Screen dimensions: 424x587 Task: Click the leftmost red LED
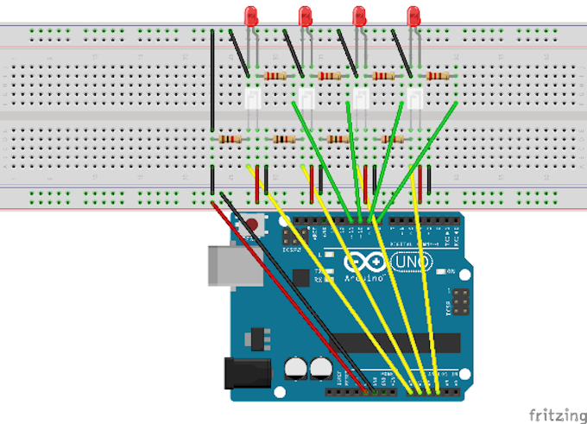251,16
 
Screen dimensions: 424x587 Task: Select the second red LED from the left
305,16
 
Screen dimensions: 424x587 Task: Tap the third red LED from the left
359,16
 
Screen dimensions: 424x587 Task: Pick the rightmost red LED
413,16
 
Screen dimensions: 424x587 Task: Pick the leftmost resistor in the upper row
275,76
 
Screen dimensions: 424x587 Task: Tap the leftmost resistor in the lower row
230,139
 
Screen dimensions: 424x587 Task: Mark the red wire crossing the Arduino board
285,294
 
